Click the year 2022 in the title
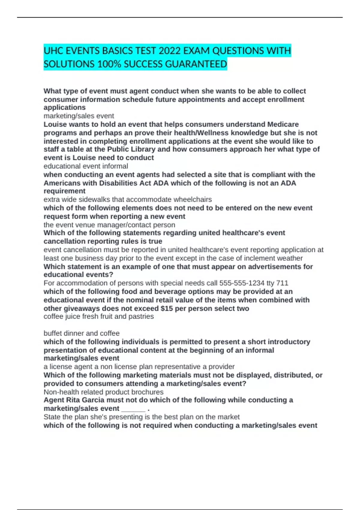[x=169, y=51]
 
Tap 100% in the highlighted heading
[x=109, y=64]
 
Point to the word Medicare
[x=283, y=124]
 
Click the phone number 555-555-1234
[x=242, y=283]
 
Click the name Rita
[x=73, y=400]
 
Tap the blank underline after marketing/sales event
[x=133, y=409]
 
